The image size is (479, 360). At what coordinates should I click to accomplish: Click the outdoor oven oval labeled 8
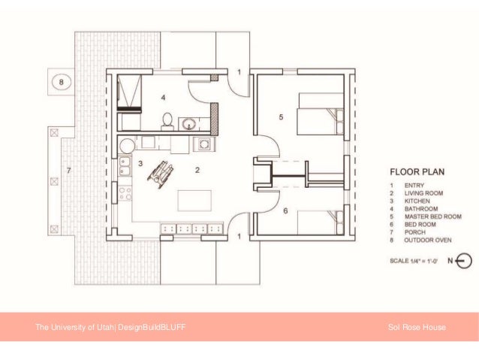click(x=62, y=82)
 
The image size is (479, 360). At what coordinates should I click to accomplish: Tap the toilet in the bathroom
click(x=167, y=120)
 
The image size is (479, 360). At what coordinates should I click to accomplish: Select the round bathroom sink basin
click(x=189, y=124)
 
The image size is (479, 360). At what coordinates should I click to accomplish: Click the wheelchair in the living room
click(x=161, y=174)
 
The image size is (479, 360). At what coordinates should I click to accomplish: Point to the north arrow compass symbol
click(x=464, y=261)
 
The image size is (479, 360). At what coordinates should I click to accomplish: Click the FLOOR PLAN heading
click(x=417, y=172)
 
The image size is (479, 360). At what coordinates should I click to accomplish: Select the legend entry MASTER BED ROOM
click(x=433, y=216)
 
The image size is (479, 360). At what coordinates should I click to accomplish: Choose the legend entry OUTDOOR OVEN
click(x=428, y=240)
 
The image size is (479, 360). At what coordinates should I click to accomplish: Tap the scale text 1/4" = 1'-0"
click(x=423, y=261)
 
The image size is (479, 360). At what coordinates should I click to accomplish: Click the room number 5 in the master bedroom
click(x=281, y=116)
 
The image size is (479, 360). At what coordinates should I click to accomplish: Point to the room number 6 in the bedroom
click(x=285, y=210)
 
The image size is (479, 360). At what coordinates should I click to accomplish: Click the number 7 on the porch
click(x=69, y=171)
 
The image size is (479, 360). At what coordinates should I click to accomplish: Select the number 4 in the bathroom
click(x=164, y=98)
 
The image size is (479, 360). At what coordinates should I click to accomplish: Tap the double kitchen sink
click(x=125, y=166)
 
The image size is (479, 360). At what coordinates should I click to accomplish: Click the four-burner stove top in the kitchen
click(x=125, y=193)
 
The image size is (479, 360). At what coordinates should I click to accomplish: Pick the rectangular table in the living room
click(x=194, y=201)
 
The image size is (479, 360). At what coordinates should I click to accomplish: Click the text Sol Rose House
click(x=417, y=327)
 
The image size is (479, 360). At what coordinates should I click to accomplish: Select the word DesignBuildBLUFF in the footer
click(x=152, y=327)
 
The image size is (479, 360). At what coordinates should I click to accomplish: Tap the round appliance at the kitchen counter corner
click(x=127, y=146)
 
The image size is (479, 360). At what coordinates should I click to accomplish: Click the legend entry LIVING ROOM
click(x=423, y=193)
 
